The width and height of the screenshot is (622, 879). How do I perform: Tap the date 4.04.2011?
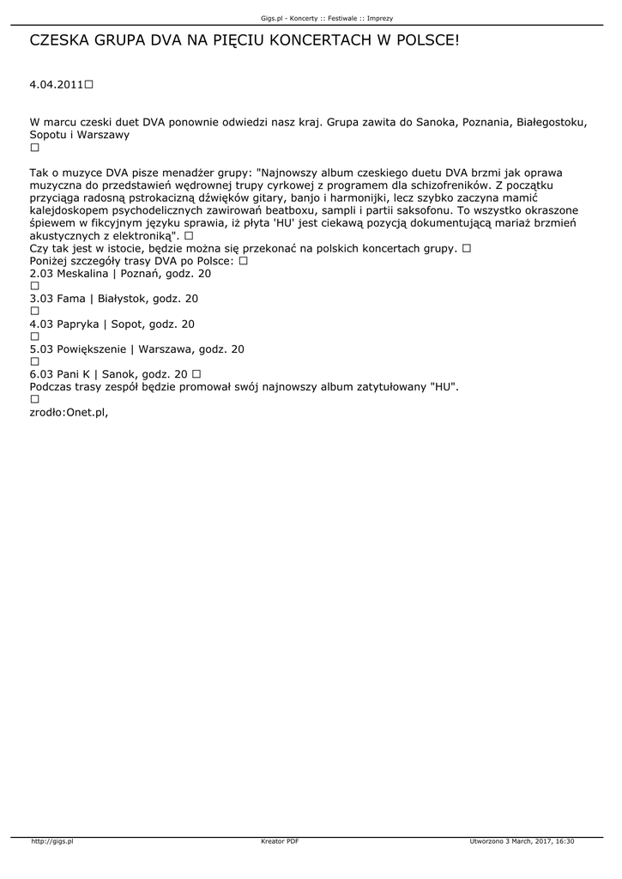57,86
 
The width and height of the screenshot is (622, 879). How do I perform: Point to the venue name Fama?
71,299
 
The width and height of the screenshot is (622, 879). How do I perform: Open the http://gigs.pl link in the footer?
52,842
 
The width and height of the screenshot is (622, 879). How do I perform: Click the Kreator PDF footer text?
280,842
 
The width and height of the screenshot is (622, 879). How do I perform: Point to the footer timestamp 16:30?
564,842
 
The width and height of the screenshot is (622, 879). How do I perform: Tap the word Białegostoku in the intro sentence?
552,123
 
